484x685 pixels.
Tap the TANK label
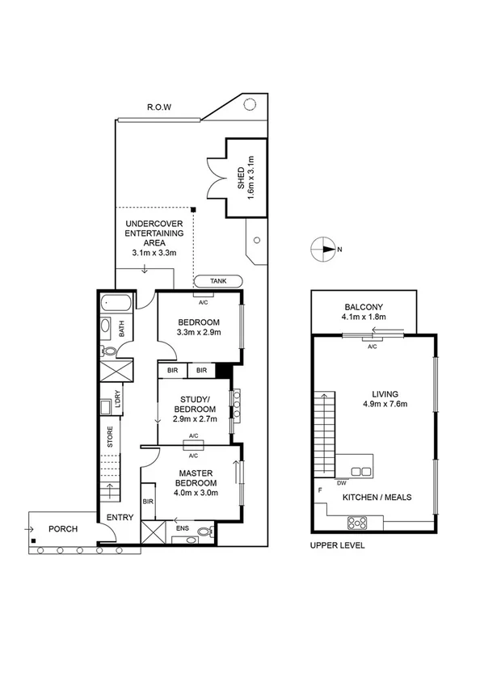[x=218, y=280]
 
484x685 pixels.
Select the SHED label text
[x=240, y=178]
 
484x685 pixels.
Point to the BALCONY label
[x=363, y=307]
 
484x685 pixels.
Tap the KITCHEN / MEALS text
[x=377, y=498]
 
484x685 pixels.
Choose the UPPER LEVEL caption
[x=338, y=545]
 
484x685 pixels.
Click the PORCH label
[x=63, y=530]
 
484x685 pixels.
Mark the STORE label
[x=111, y=437]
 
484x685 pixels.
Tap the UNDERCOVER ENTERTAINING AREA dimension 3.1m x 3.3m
[x=154, y=253]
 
